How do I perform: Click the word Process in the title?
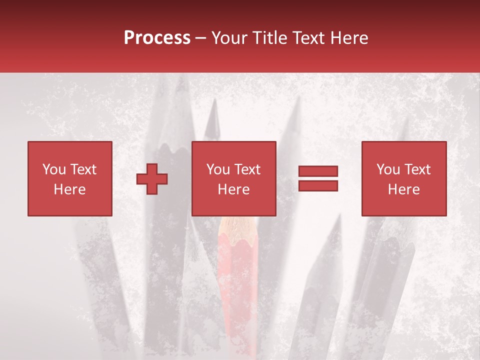(x=157, y=38)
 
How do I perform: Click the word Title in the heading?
(x=270, y=38)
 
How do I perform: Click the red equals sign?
(x=318, y=178)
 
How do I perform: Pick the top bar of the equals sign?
(x=318, y=171)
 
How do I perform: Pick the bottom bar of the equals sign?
(x=318, y=185)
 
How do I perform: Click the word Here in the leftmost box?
(x=69, y=189)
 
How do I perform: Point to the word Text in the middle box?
(x=247, y=169)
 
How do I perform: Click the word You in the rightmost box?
(x=388, y=169)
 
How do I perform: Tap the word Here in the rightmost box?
(x=403, y=189)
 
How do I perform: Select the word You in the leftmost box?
(x=54, y=169)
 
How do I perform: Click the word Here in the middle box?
(x=234, y=189)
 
